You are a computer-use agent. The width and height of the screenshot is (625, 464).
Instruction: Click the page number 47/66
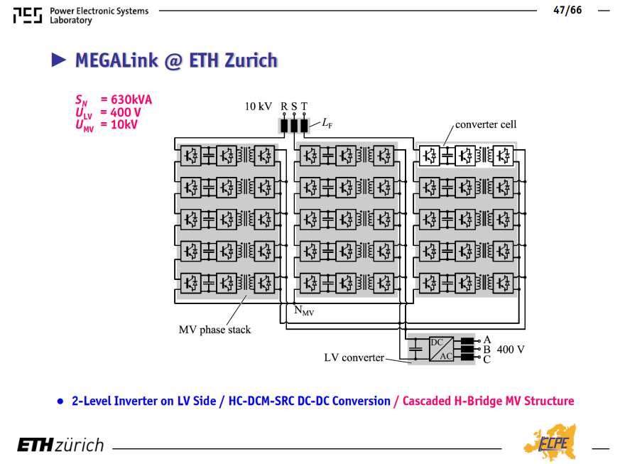[x=567, y=10]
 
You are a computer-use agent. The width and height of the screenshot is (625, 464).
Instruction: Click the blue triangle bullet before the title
[x=58, y=60]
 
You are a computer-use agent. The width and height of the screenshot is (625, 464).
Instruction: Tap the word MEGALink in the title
[x=116, y=60]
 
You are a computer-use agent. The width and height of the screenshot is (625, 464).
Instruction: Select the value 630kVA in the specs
[x=131, y=99]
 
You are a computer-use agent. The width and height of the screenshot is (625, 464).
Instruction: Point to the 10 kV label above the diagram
[x=259, y=107]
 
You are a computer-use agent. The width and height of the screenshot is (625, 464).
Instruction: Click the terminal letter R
[x=284, y=107]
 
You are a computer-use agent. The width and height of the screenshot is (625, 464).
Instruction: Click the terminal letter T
[x=304, y=107]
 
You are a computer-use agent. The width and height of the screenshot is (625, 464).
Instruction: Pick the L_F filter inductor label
[x=327, y=123]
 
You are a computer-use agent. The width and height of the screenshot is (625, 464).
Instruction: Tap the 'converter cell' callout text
[x=486, y=124]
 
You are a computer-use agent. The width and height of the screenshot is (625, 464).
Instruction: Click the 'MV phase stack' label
[x=214, y=330]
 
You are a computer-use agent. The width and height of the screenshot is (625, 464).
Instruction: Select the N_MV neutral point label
[x=304, y=311]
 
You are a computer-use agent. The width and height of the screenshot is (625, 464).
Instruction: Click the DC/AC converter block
[x=441, y=349]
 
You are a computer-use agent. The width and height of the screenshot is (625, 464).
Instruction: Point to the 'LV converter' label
[x=354, y=357]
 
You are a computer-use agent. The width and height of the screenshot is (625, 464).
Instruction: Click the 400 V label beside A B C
[x=511, y=350]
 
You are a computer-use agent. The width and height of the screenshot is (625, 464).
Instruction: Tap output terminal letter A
[x=487, y=340]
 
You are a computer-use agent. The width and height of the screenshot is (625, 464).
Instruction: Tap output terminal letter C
[x=487, y=360]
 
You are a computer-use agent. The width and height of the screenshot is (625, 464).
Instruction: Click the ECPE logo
[x=550, y=443]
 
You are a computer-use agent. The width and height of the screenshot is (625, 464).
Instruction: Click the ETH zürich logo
[x=60, y=445]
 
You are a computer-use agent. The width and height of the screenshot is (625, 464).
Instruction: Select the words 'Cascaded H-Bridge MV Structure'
[x=489, y=401]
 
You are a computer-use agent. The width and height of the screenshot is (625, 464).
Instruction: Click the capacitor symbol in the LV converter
[x=415, y=349]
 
